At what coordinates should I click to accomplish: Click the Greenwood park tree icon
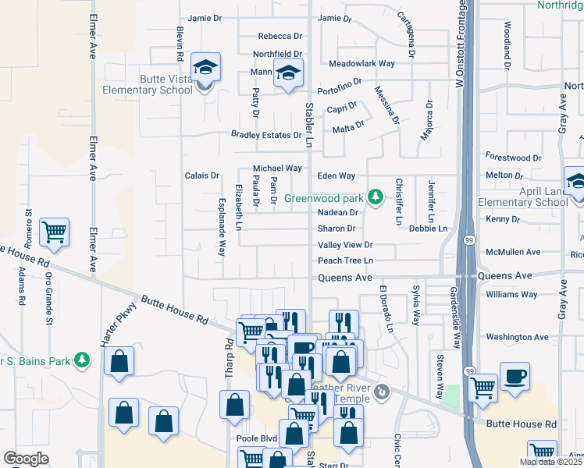376,196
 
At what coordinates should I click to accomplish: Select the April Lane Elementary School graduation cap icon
575,182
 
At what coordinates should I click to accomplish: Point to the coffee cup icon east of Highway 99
514,376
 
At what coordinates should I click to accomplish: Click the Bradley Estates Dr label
265,135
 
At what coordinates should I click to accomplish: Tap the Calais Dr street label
201,175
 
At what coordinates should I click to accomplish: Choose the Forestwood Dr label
513,158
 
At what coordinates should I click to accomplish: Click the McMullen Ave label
512,252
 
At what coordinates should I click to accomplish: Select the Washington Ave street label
518,337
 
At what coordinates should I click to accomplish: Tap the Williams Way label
511,294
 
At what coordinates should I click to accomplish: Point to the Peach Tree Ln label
346,261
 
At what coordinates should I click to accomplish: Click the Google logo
26,459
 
